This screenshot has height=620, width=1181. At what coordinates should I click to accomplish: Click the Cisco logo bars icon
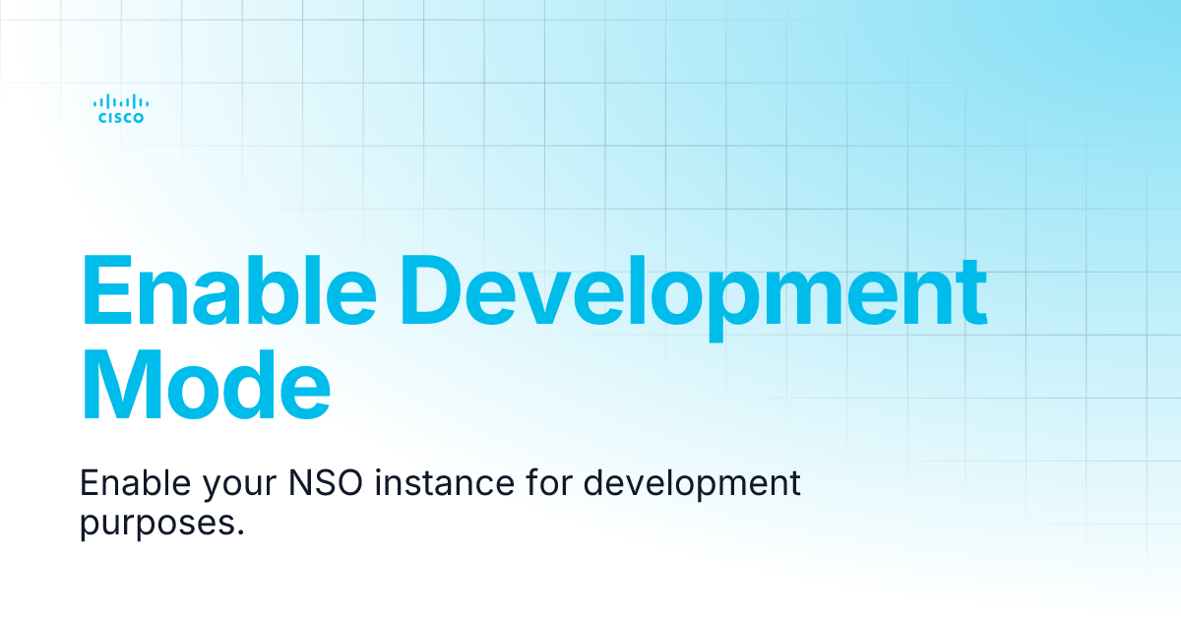[121, 100]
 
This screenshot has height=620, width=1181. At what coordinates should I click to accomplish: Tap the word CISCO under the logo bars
[121, 118]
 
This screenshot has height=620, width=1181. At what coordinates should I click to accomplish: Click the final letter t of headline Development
[972, 292]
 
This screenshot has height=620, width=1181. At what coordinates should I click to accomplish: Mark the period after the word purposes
[239, 532]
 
